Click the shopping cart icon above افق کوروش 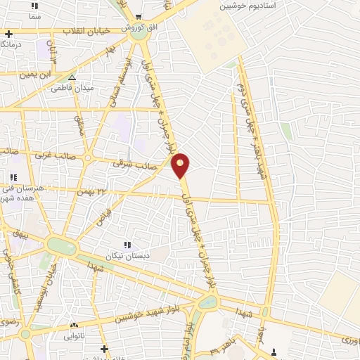[139, 17]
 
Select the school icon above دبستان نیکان [127, 245]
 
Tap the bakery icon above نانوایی [75, 325]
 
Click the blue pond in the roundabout [207, 303]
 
